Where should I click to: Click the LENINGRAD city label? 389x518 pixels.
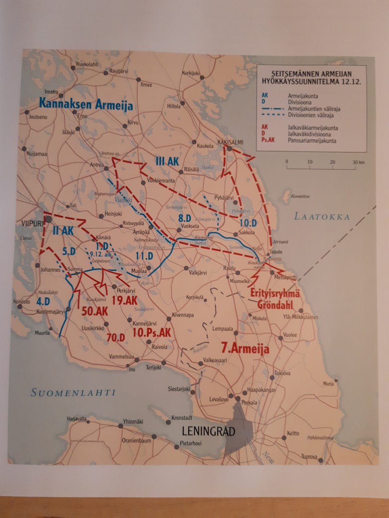209,431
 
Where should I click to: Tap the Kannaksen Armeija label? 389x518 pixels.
86,104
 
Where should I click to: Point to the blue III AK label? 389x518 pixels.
167,161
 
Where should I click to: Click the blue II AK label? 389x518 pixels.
63,231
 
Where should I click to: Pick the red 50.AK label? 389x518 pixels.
94,311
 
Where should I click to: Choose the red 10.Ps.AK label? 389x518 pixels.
152,332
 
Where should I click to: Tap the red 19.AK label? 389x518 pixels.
125,300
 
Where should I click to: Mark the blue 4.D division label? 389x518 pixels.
43,301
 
